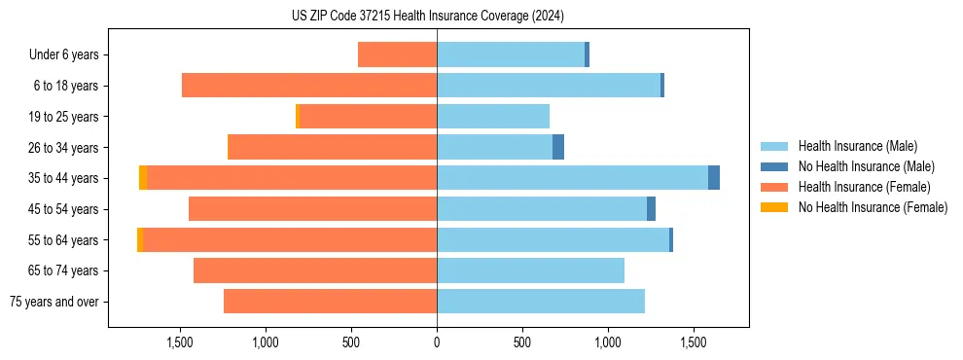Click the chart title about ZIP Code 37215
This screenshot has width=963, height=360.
coord(428,17)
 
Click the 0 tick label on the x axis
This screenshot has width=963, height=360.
coord(437,342)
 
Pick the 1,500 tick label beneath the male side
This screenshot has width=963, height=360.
coord(694,342)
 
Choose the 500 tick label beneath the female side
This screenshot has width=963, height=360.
coord(351,342)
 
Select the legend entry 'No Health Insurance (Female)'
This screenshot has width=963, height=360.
coord(873,207)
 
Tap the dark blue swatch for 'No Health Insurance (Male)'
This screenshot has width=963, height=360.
coord(774,166)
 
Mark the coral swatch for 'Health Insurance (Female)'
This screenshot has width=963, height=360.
coord(774,187)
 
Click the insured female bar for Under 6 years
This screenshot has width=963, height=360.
coord(397,54)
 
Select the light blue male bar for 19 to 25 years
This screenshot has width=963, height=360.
coord(493,117)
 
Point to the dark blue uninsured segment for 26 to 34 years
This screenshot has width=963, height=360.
coord(558,147)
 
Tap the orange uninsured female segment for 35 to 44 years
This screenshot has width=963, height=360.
coord(143,178)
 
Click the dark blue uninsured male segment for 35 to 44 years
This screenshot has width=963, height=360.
coord(714,178)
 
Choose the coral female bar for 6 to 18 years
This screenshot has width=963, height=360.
coord(309,86)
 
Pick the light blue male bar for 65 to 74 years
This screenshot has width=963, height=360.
coord(530,270)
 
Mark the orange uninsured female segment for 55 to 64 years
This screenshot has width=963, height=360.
coord(140,239)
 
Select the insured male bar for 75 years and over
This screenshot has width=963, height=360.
coord(541,302)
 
